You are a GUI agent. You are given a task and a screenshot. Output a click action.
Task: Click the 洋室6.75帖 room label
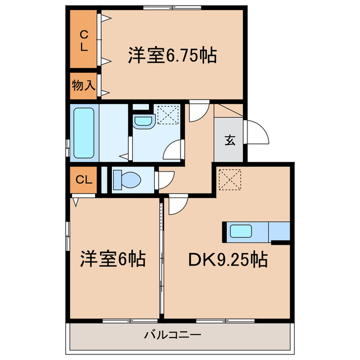pyautogui.click(x=173, y=56)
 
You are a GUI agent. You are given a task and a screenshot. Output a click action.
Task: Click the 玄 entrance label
pyautogui.click(x=230, y=141)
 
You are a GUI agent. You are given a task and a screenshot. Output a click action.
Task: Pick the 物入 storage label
pyautogui.click(x=83, y=85)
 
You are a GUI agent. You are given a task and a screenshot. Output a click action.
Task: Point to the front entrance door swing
pyautogui.click(x=254, y=133)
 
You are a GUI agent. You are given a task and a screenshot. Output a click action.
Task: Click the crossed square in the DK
pyautogui.click(x=229, y=180)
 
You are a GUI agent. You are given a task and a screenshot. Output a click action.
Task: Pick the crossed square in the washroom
pyautogui.click(x=167, y=116)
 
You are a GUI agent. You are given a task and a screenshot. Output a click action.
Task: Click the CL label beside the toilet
pyautogui.click(x=83, y=180)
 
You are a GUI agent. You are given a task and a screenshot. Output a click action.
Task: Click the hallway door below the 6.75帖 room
pyautogui.click(x=197, y=111)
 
